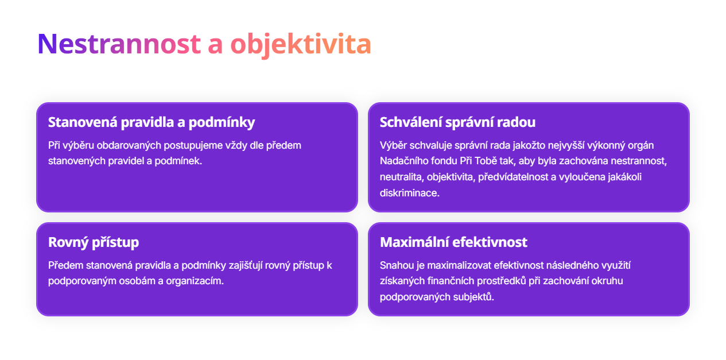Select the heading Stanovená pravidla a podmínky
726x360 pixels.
click(x=152, y=122)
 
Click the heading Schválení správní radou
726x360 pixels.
click(x=457, y=122)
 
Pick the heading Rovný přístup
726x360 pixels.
click(x=94, y=242)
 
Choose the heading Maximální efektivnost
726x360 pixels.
click(x=453, y=242)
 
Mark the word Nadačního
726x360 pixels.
click(x=403, y=161)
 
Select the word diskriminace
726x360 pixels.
click(x=409, y=193)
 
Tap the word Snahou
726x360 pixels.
click(x=396, y=265)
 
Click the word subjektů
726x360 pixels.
click(x=473, y=297)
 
